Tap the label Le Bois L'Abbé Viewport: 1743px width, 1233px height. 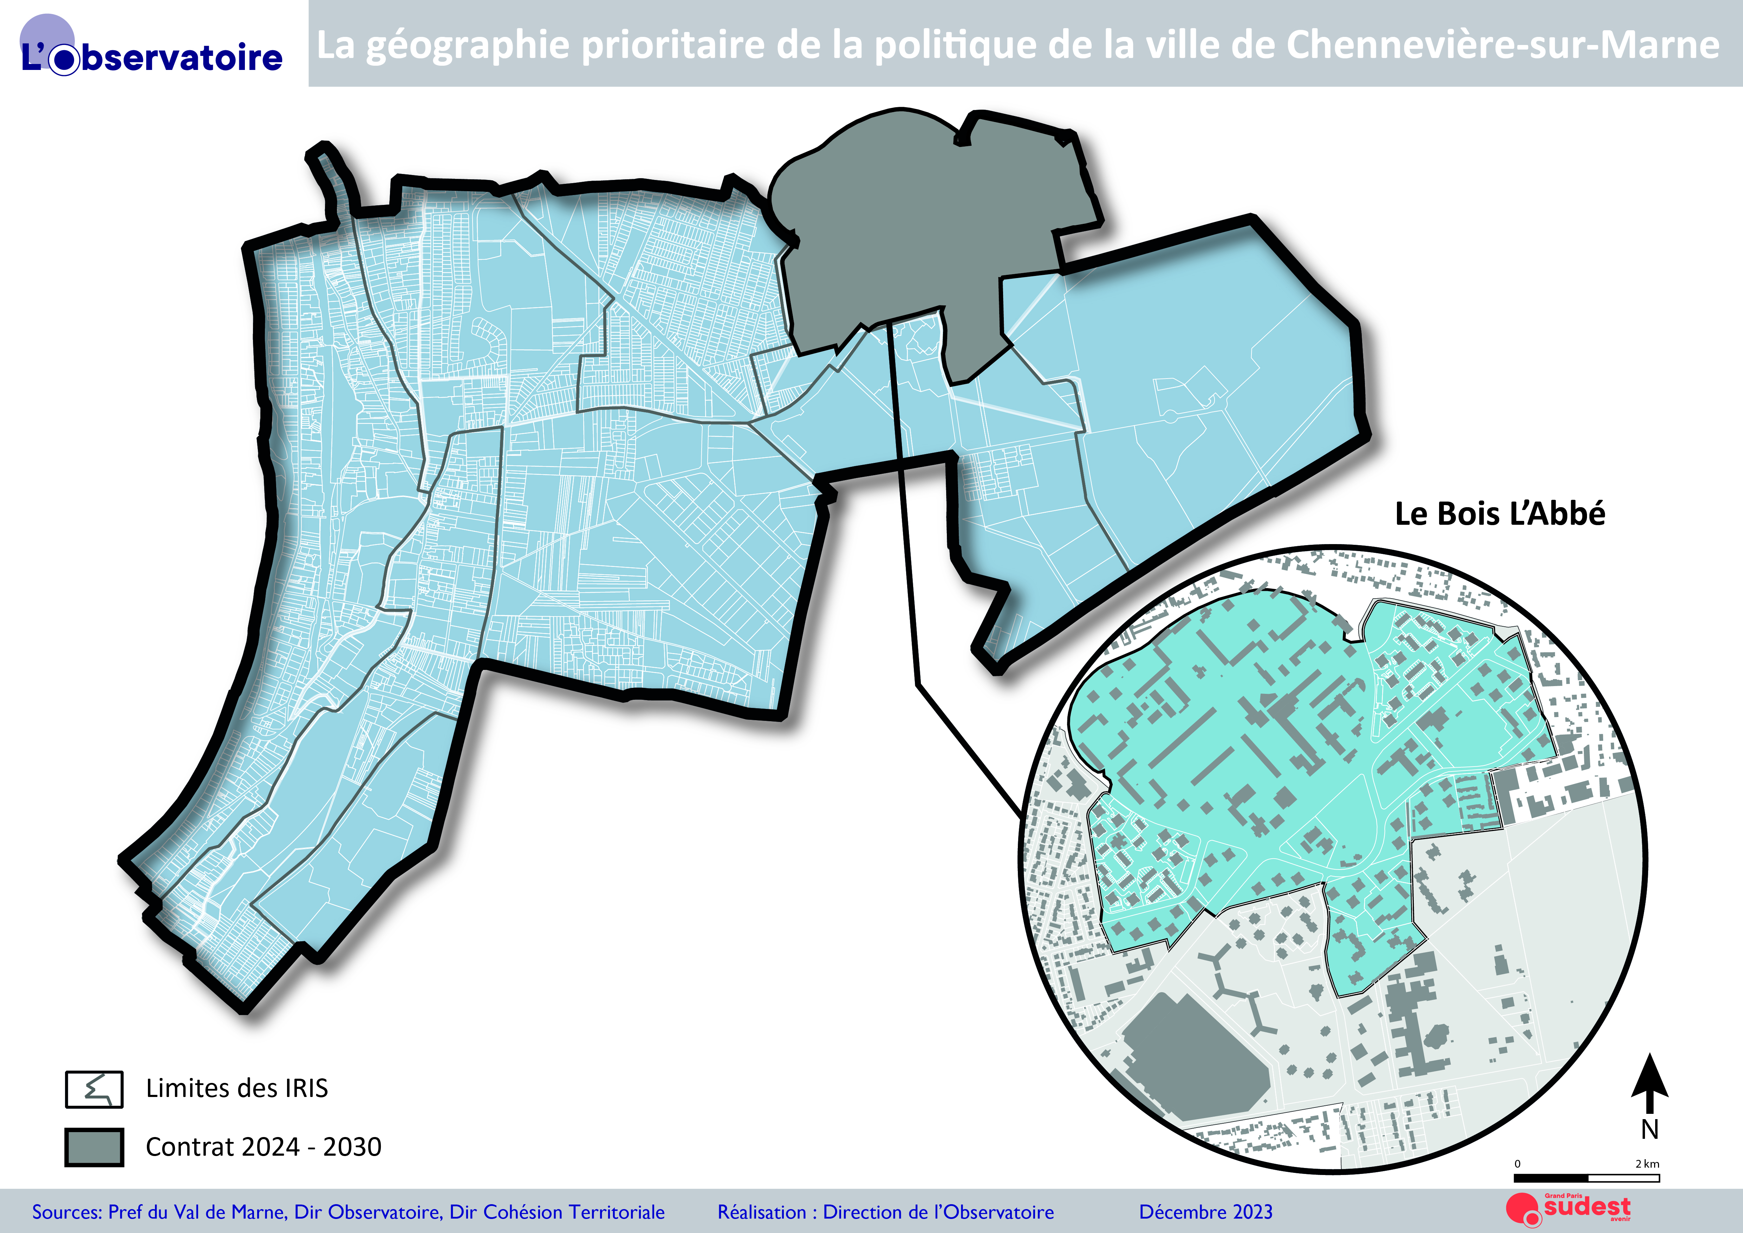pos(1500,514)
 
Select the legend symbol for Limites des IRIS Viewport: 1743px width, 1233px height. pos(94,1089)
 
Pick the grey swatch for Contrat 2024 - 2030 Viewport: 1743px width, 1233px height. pos(94,1147)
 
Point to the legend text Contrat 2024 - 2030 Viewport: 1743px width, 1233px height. pos(264,1147)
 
